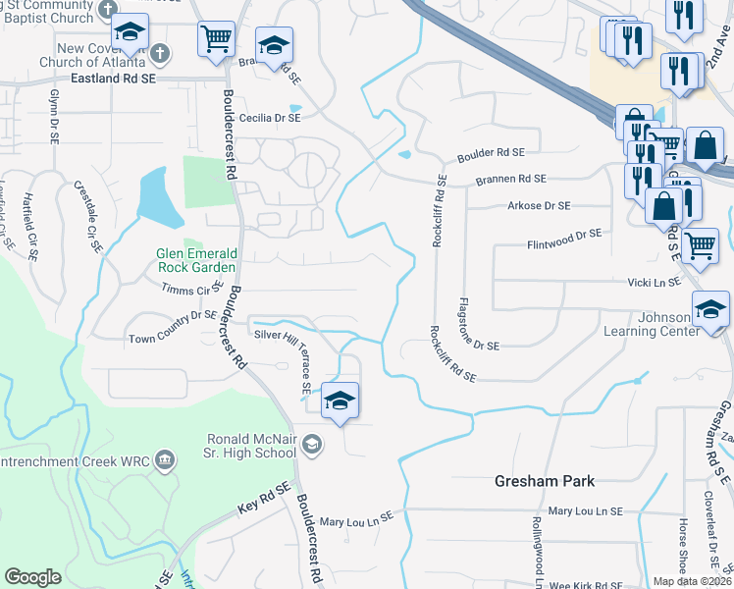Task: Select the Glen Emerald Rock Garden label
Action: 195,260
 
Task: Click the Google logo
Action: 32,576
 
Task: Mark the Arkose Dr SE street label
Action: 539,206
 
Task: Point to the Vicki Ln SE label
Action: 654,282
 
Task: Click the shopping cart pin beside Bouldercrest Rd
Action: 216,39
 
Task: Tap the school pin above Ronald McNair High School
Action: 340,401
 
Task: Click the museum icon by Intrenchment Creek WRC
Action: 165,459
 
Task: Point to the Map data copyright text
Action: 691,581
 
